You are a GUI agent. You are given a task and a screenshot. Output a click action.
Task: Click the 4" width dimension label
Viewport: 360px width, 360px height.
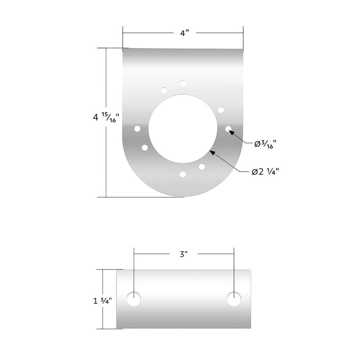click(183, 33)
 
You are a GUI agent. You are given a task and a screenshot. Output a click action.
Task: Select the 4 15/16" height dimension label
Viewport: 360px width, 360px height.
click(105, 118)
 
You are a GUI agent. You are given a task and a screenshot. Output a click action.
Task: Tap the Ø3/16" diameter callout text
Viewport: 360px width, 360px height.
click(265, 144)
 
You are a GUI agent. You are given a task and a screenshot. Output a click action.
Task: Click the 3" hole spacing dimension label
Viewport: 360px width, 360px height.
click(183, 254)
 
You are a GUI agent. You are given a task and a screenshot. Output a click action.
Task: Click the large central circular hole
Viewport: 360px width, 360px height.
click(183, 128)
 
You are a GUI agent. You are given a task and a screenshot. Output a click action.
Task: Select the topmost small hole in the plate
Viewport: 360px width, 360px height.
click(183, 83)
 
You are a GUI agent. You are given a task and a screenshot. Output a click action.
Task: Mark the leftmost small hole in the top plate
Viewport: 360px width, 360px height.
click(137, 129)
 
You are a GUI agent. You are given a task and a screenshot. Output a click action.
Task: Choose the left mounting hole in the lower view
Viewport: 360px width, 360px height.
click(133, 299)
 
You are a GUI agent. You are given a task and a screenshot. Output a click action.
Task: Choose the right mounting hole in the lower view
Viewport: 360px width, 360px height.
click(234, 299)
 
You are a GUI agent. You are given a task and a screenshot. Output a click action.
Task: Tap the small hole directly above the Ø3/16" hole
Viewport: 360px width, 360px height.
click(220, 110)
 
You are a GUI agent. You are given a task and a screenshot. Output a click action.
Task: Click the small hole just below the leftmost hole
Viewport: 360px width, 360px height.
click(144, 147)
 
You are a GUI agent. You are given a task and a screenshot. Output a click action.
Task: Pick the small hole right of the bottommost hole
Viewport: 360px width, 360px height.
click(202, 166)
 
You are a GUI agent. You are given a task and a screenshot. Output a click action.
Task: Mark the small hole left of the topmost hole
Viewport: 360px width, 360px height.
click(164, 90)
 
